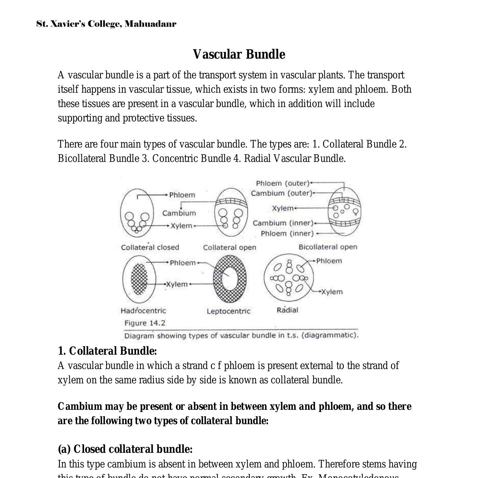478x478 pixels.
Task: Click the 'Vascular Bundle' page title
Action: click(x=239, y=54)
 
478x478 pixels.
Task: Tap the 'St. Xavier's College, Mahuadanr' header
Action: click(x=106, y=24)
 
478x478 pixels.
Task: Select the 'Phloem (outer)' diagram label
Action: click(x=283, y=183)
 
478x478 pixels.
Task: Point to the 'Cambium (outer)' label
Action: click(x=281, y=193)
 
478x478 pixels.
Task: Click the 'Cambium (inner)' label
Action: click(x=283, y=223)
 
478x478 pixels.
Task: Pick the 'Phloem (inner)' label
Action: click(x=287, y=234)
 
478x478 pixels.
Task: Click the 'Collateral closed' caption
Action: click(x=150, y=247)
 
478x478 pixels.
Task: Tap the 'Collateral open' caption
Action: click(x=229, y=248)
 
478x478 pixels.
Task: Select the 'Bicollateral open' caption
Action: click(x=328, y=247)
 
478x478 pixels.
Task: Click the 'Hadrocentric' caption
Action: click(x=143, y=310)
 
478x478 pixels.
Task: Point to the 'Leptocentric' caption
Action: click(x=228, y=311)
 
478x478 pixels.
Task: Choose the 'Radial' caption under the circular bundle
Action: click(x=287, y=310)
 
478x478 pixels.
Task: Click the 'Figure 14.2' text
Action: click(x=145, y=323)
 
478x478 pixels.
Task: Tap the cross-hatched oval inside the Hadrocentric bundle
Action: click(x=140, y=279)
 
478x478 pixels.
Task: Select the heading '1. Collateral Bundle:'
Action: click(x=107, y=351)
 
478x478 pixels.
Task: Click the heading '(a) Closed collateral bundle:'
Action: click(x=125, y=449)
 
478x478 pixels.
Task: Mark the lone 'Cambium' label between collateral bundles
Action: click(x=179, y=213)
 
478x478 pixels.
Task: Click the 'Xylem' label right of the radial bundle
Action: click(x=332, y=292)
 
